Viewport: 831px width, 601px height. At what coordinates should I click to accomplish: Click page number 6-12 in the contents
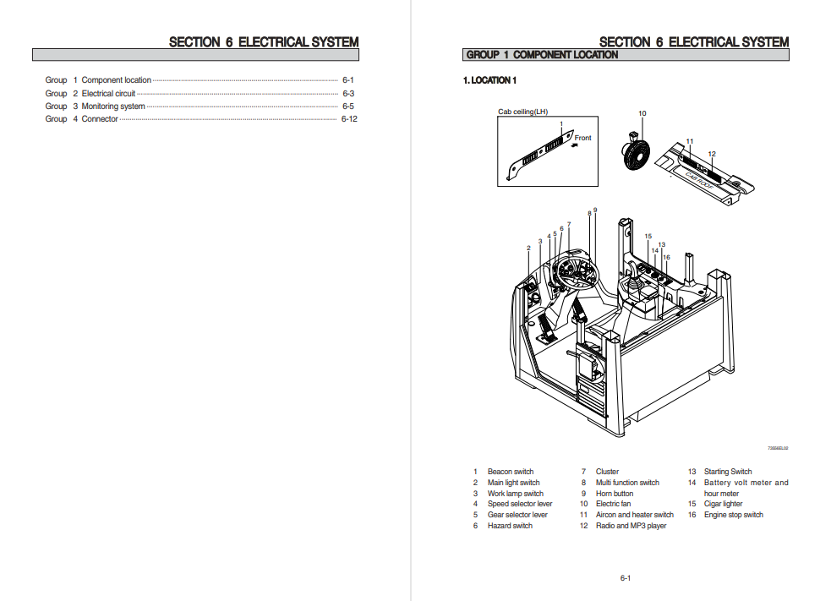[349, 119]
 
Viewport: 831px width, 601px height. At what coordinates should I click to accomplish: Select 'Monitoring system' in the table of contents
[112, 107]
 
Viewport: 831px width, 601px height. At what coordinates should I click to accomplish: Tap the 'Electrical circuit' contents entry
[108, 94]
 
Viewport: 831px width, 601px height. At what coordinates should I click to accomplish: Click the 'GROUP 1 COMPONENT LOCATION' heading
[542, 55]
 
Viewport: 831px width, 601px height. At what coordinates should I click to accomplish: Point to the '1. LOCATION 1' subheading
[489, 80]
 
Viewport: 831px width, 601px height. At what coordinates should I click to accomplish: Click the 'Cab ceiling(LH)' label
[522, 112]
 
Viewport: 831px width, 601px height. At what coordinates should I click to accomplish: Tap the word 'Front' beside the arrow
[582, 138]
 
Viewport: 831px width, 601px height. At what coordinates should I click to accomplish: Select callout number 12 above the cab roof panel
[712, 154]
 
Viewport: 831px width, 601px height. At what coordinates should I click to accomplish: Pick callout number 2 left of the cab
[528, 248]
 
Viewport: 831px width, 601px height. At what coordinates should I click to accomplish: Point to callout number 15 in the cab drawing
[648, 237]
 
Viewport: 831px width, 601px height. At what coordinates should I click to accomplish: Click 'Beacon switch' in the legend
[510, 472]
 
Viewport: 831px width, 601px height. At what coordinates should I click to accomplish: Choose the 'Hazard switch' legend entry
[510, 526]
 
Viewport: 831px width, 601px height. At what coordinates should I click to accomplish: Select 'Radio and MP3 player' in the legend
[631, 526]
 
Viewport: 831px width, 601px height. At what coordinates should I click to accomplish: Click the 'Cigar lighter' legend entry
[723, 504]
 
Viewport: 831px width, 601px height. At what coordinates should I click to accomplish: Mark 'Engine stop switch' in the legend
[733, 515]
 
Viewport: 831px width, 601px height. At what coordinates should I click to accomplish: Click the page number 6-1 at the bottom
[626, 578]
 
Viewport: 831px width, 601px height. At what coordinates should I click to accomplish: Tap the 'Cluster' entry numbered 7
[607, 472]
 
